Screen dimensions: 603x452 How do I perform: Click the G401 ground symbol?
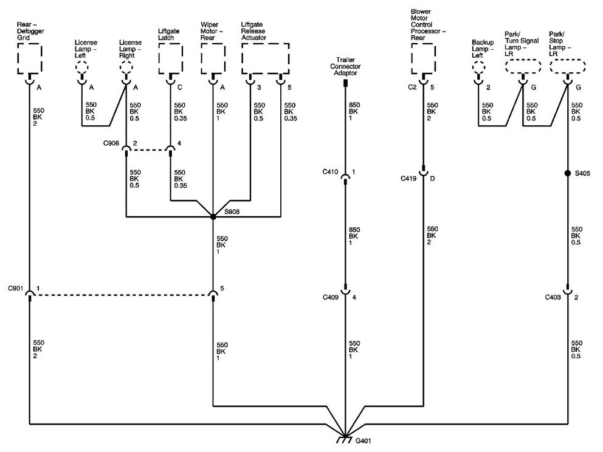coord(345,440)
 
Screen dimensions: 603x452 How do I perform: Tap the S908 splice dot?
coord(213,217)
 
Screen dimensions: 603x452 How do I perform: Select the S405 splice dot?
coord(568,173)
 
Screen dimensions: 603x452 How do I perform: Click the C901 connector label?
coord(16,288)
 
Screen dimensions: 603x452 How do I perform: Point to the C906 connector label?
coord(111,143)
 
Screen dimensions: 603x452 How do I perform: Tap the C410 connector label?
coord(330,172)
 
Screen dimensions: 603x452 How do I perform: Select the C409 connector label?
coord(331,297)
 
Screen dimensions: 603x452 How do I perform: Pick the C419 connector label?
coord(409,179)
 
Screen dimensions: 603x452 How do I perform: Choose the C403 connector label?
coord(553,297)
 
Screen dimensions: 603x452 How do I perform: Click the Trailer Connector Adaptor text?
coord(345,66)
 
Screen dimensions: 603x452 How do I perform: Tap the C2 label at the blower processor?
coord(412,87)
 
